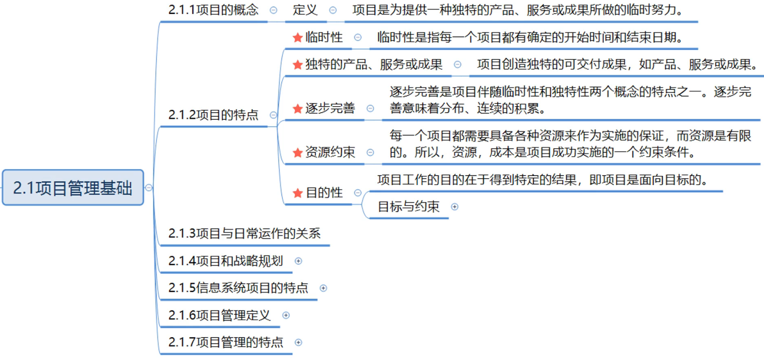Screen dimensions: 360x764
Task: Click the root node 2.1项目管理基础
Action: pyautogui.click(x=73, y=187)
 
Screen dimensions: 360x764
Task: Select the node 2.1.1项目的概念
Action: pyautogui.click(x=213, y=10)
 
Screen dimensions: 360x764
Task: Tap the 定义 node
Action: pyautogui.click(x=305, y=10)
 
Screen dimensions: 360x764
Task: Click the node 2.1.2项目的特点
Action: pyautogui.click(x=213, y=115)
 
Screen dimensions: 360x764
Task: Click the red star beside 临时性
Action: pyautogui.click(x=298, y=38)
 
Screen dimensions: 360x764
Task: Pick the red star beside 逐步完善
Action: pyautogui.click(x=298, y=109)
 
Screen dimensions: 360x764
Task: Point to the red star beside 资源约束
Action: pyautogui.click(x=298, y=152)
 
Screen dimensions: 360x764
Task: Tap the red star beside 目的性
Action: pyautogui.click(x=298, y=193)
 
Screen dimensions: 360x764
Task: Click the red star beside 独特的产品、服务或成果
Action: pyautogui.click(x=298, y=65)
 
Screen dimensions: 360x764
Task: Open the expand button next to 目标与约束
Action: pyautogui.click(x=455, y=207)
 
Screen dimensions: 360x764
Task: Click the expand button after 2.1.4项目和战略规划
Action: pyautogui.click(x=298, y=261)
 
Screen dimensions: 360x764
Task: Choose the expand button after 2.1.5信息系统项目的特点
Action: pyautogui.click(x=323, y=288)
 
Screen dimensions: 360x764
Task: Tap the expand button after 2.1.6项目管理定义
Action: pyautogui.click(x=286, y=315)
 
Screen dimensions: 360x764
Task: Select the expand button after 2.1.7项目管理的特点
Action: pyautogui.click(x=298, y=342)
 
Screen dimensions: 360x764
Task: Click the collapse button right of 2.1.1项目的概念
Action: pyautogui.click(x=274, y=10)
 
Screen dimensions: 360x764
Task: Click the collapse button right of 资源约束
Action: pyautogui.click(x=370, y=152)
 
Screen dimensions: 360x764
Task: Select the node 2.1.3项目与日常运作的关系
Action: pyautogui.click(x=244, y=233)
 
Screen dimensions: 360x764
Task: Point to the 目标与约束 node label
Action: pyautogui.click(x=408, y=206)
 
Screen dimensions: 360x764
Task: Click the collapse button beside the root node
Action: pyautogui.click(x=149, y=188)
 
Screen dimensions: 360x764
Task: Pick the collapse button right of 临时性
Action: pyautogui.click(x=358, y=38)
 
